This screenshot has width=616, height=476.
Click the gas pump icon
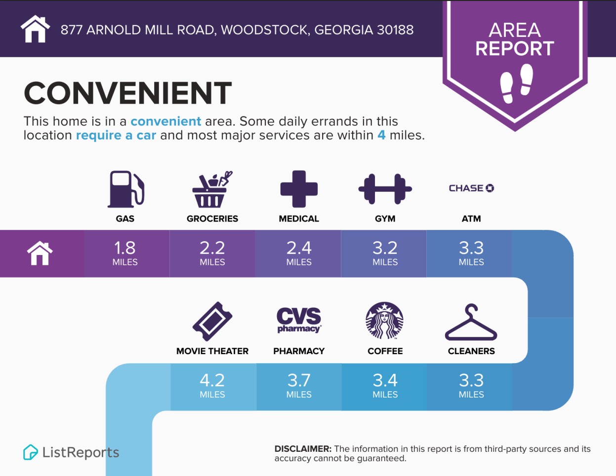pos(126,189)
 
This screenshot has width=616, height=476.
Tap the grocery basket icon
pos(212,189)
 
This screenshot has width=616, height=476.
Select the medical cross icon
pos(299,189)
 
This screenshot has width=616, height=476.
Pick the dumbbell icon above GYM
pos(385,189)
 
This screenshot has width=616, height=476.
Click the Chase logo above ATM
pos(471,188)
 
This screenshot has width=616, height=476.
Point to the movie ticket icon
pos(212,321)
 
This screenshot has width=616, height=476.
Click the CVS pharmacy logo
pos(299,320)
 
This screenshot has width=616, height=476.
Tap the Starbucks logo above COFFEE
pos(385,320)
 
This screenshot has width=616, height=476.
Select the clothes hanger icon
pos(471,322)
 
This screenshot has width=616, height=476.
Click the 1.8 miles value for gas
pos(125,253)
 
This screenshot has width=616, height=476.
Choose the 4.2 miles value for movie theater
pos(212,385)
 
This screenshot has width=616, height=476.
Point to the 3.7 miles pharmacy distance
pos(299,385)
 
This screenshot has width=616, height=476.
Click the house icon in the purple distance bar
pos(40,253)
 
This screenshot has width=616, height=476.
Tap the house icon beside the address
pos(35,29)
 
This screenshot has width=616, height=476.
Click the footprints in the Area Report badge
pos(517,83)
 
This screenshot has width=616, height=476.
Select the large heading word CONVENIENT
pos(128,93)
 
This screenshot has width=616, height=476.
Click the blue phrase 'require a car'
pos(116,135)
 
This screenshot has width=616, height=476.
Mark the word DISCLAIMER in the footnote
pos(303,449)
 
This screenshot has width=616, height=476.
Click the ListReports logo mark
pos(30,452)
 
